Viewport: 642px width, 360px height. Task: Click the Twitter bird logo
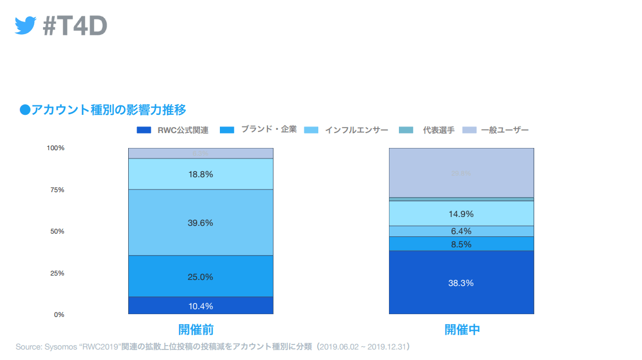(25, 25)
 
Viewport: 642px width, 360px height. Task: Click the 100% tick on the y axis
(56, 148)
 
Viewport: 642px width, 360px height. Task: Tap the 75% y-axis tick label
(57, 190)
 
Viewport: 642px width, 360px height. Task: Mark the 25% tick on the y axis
(57, 273)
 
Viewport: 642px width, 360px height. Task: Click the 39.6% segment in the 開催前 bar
(201, 223)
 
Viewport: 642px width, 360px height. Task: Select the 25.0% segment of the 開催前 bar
(201, 277)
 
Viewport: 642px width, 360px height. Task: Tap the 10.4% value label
(201, 306)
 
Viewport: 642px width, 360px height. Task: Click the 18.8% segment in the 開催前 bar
(201, 174)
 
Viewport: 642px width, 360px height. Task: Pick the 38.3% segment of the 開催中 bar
(461, 283)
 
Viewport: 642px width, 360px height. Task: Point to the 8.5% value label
(461, 244)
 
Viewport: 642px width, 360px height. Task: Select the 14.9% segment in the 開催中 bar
(461, 214)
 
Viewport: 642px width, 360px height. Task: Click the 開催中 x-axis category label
(462, 330)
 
